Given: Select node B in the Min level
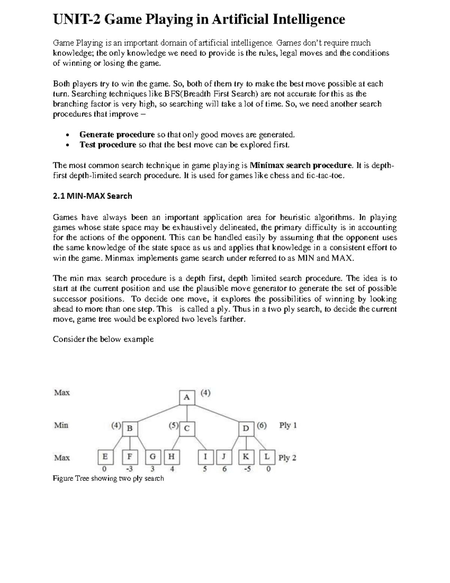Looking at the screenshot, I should click(130, 428).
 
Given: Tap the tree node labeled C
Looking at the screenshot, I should click(187, 428).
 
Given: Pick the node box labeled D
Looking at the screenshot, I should click(246, 428).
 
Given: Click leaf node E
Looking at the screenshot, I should click(105, 457).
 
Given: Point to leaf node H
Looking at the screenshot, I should click(171, 457).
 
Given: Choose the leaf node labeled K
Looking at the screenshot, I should click(246, 457).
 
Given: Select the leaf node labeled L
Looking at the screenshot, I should click(267, 457).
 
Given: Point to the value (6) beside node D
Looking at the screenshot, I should click(261, 426).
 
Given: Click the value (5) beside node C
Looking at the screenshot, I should click(174, 426).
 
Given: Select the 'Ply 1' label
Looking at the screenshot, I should click(288, 426).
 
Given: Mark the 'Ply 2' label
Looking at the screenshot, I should click(287, 458).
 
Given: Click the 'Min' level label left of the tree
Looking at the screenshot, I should click(61, 425).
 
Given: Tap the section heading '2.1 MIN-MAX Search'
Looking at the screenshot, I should click(92, 196).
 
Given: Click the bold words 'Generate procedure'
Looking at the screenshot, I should click(117, 135).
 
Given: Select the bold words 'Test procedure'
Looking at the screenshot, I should click(108, 145).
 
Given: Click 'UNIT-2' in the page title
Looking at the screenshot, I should click(76, 19).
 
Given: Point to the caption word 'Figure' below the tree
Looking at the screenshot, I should click(63, 479).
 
